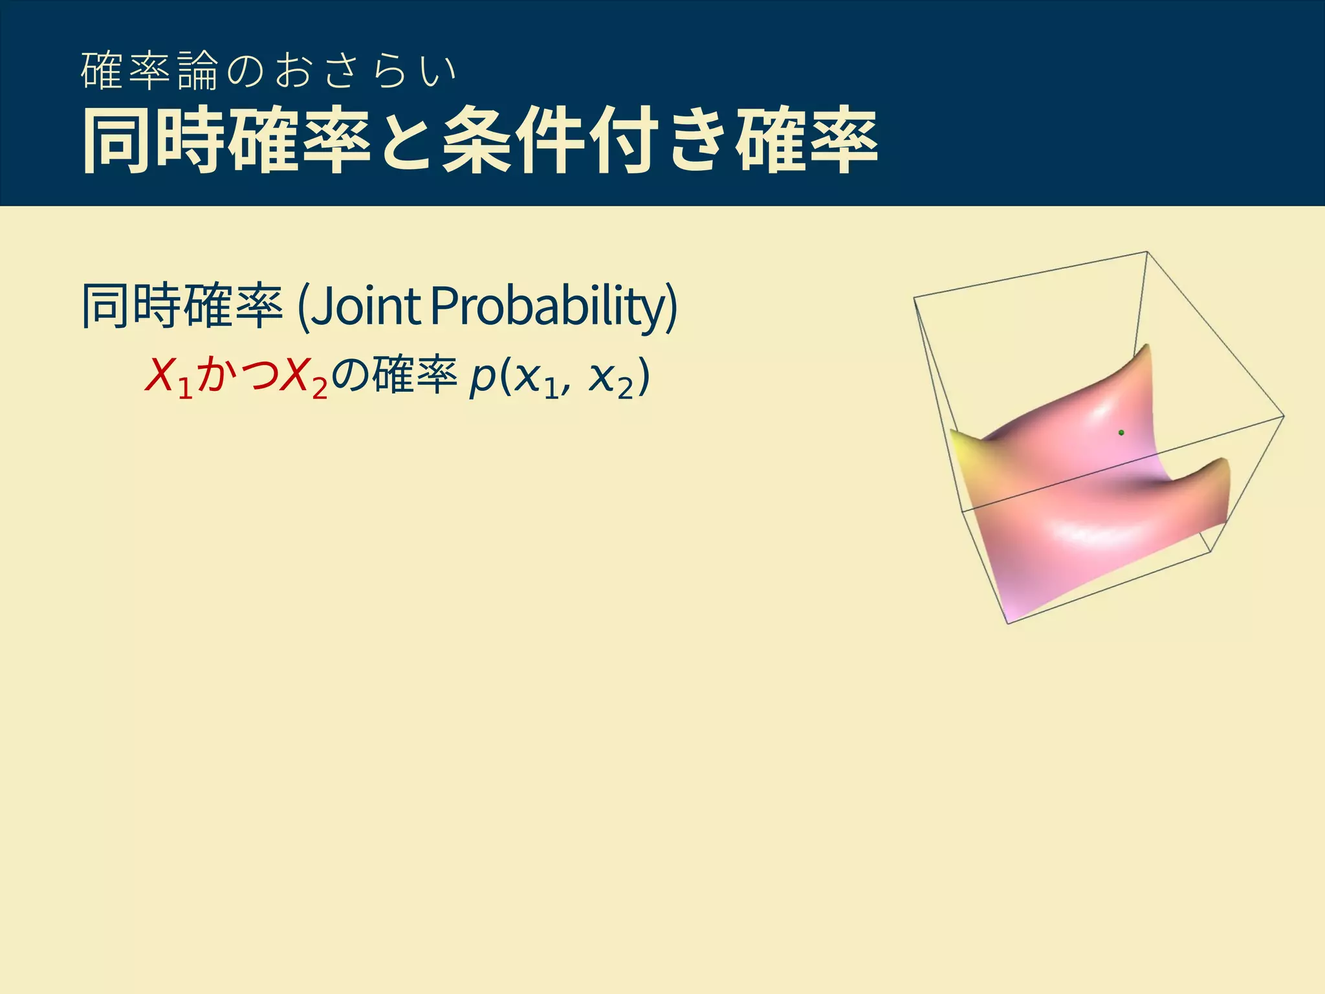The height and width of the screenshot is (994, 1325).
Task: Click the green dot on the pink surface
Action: (x=1121, y=432)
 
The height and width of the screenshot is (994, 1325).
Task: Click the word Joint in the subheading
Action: (x=366, y=307)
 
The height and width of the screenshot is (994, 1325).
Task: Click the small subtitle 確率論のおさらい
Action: (x=268, y=71)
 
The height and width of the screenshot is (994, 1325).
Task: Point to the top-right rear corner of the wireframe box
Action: (x=1146, y=252)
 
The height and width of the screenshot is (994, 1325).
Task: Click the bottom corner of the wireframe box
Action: (x=1008, y=623)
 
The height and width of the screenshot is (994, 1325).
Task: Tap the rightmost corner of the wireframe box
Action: (x=1284, y=416)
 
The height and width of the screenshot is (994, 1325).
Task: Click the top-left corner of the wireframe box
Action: (x=914, y=298)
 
